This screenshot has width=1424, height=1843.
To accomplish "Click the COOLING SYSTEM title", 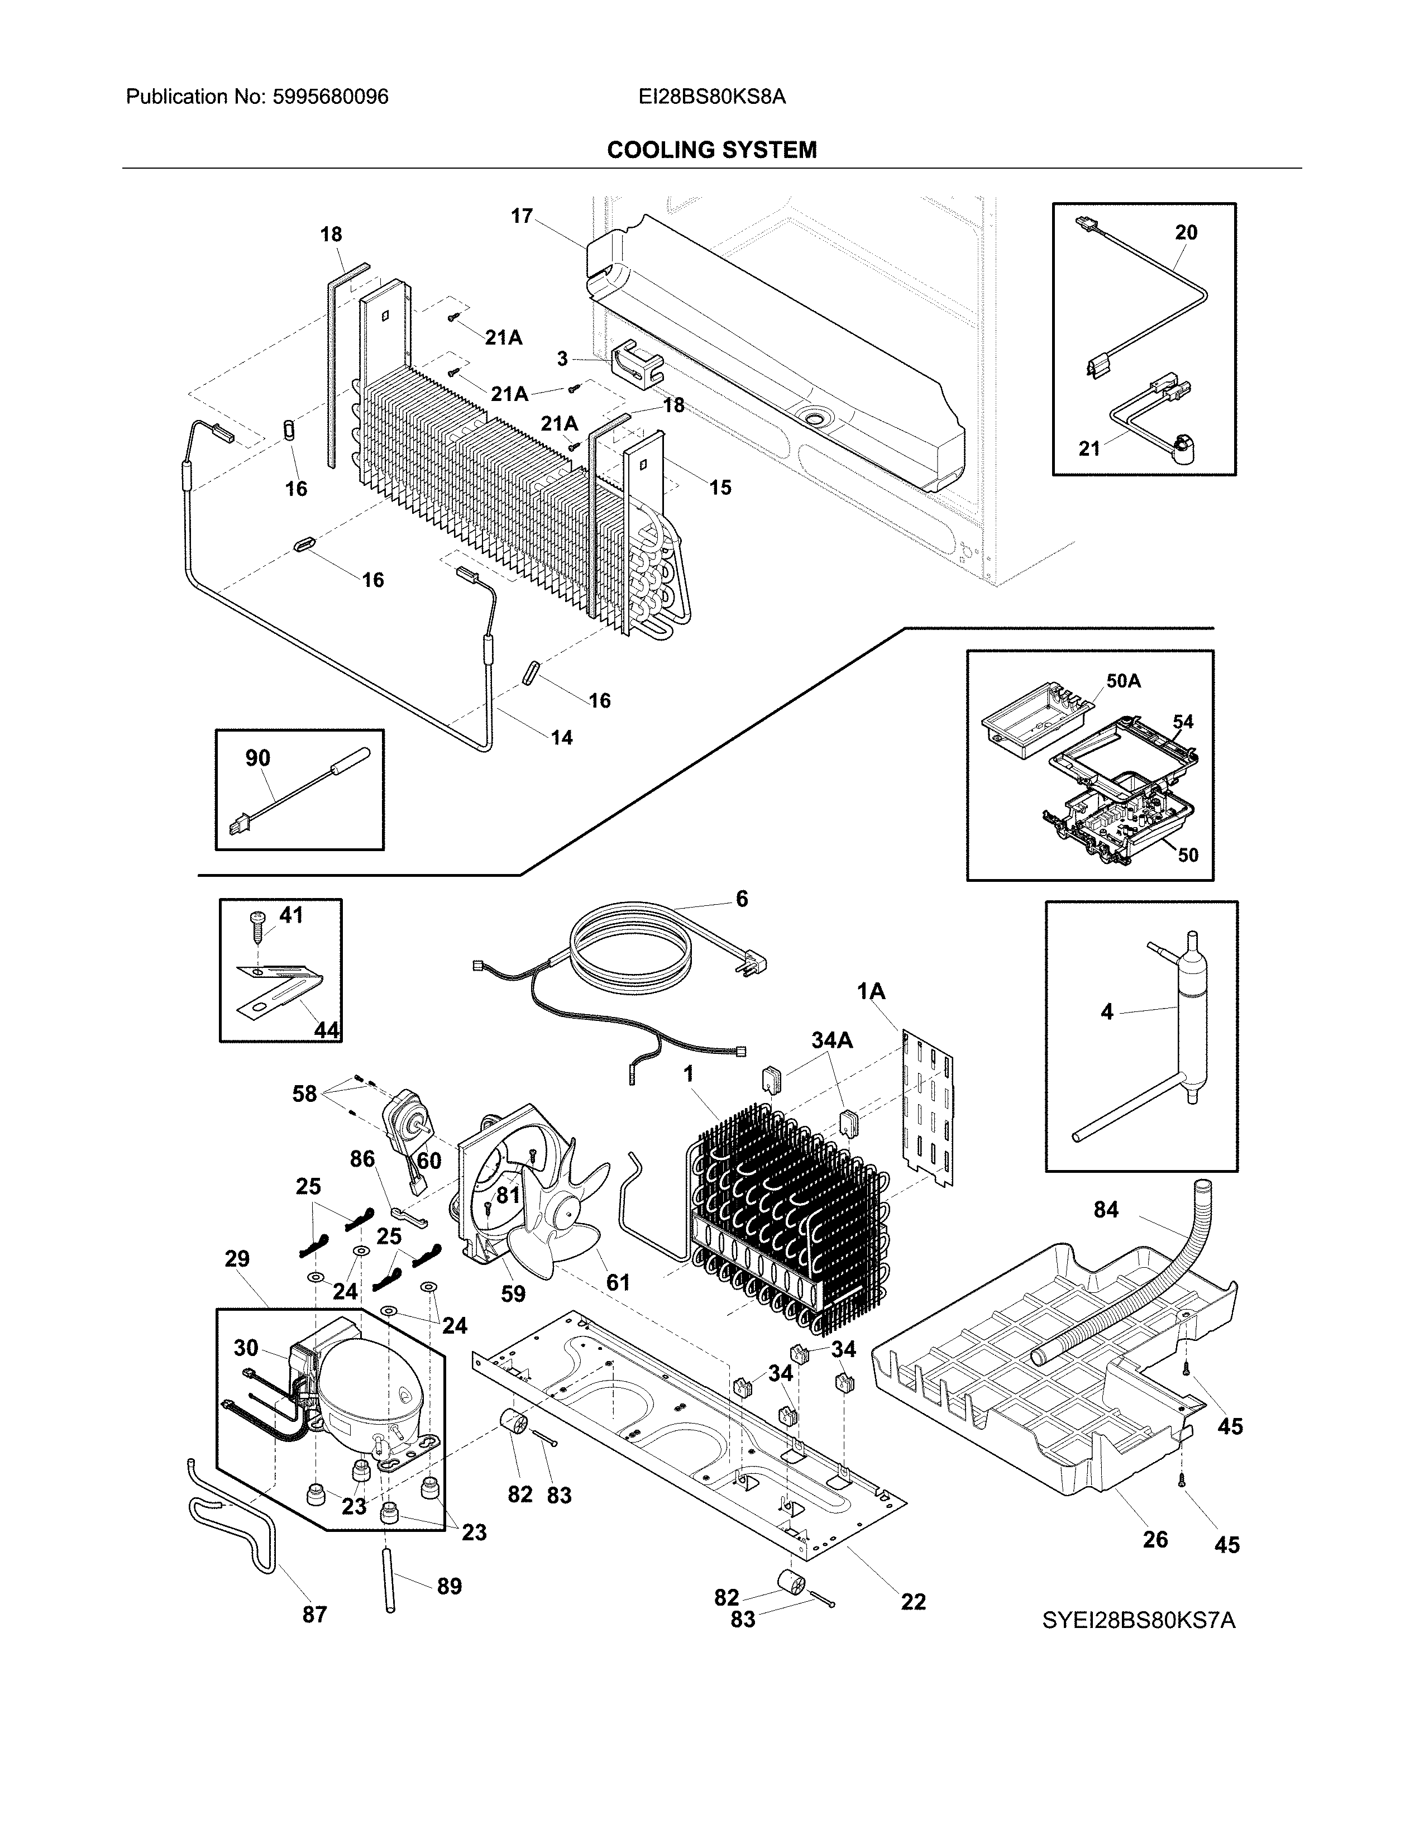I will [x=711, y=150].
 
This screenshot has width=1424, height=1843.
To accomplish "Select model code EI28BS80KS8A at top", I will [x=711, y=97].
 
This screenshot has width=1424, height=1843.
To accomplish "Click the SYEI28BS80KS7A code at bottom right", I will [x=1139, y=1620].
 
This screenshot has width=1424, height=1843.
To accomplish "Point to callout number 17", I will [x=522, y=216].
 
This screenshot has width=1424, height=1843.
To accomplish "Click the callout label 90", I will [x=257, y=758].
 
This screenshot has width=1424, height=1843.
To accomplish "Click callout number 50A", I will [x=1123, y=680].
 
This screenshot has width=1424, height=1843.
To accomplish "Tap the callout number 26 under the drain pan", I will [x=1155, y=1539].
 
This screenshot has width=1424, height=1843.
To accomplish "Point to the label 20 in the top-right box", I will [x=1185, y=232].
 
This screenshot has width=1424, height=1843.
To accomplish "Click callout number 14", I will [x=561, y=738].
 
